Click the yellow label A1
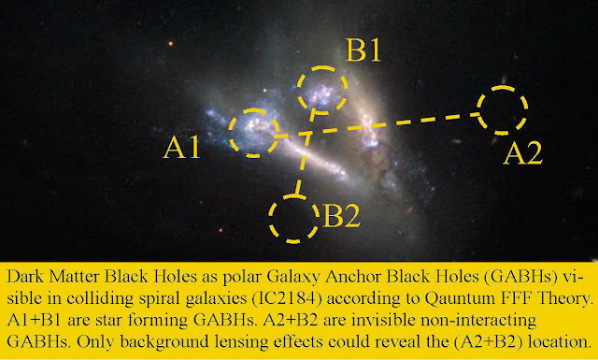point(181,148)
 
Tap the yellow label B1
point(363,50)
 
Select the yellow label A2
point(522,154)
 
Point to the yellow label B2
point(341,217)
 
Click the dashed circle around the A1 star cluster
point(230,133)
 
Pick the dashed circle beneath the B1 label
point(298,90)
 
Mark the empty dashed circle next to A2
point(478,110)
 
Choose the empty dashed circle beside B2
point(270,219)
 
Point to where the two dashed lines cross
point(307,133)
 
